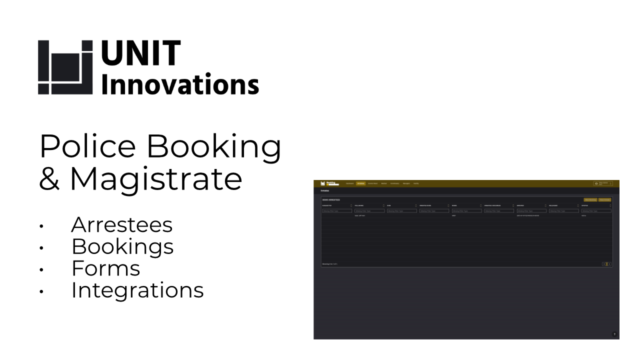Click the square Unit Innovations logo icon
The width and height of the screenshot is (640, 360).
(65, 67)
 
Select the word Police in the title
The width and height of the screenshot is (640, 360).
(87, 146)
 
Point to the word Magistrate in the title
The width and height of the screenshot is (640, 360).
(156, 178)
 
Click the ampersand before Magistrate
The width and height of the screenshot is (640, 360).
(49, 179)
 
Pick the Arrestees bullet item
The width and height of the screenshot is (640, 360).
(122, 225)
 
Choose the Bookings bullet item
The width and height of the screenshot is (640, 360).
(122, 246)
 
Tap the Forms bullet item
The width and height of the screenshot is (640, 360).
(105, 268)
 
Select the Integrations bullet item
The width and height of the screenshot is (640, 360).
(137, 290)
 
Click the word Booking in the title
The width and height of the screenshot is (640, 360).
(214, 146)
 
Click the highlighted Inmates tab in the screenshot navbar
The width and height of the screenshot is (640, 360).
(360, 183)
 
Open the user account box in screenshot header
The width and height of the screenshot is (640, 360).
(602, 183)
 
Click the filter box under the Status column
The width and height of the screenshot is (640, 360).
(596, 211)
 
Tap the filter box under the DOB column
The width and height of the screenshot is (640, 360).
(401, 211)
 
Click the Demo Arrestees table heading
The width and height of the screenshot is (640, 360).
(331, 199)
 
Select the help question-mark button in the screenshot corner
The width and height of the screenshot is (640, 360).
(614, 334)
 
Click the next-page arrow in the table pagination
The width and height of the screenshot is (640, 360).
(609, 264)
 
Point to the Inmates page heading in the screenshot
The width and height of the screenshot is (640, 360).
(325, 191)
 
